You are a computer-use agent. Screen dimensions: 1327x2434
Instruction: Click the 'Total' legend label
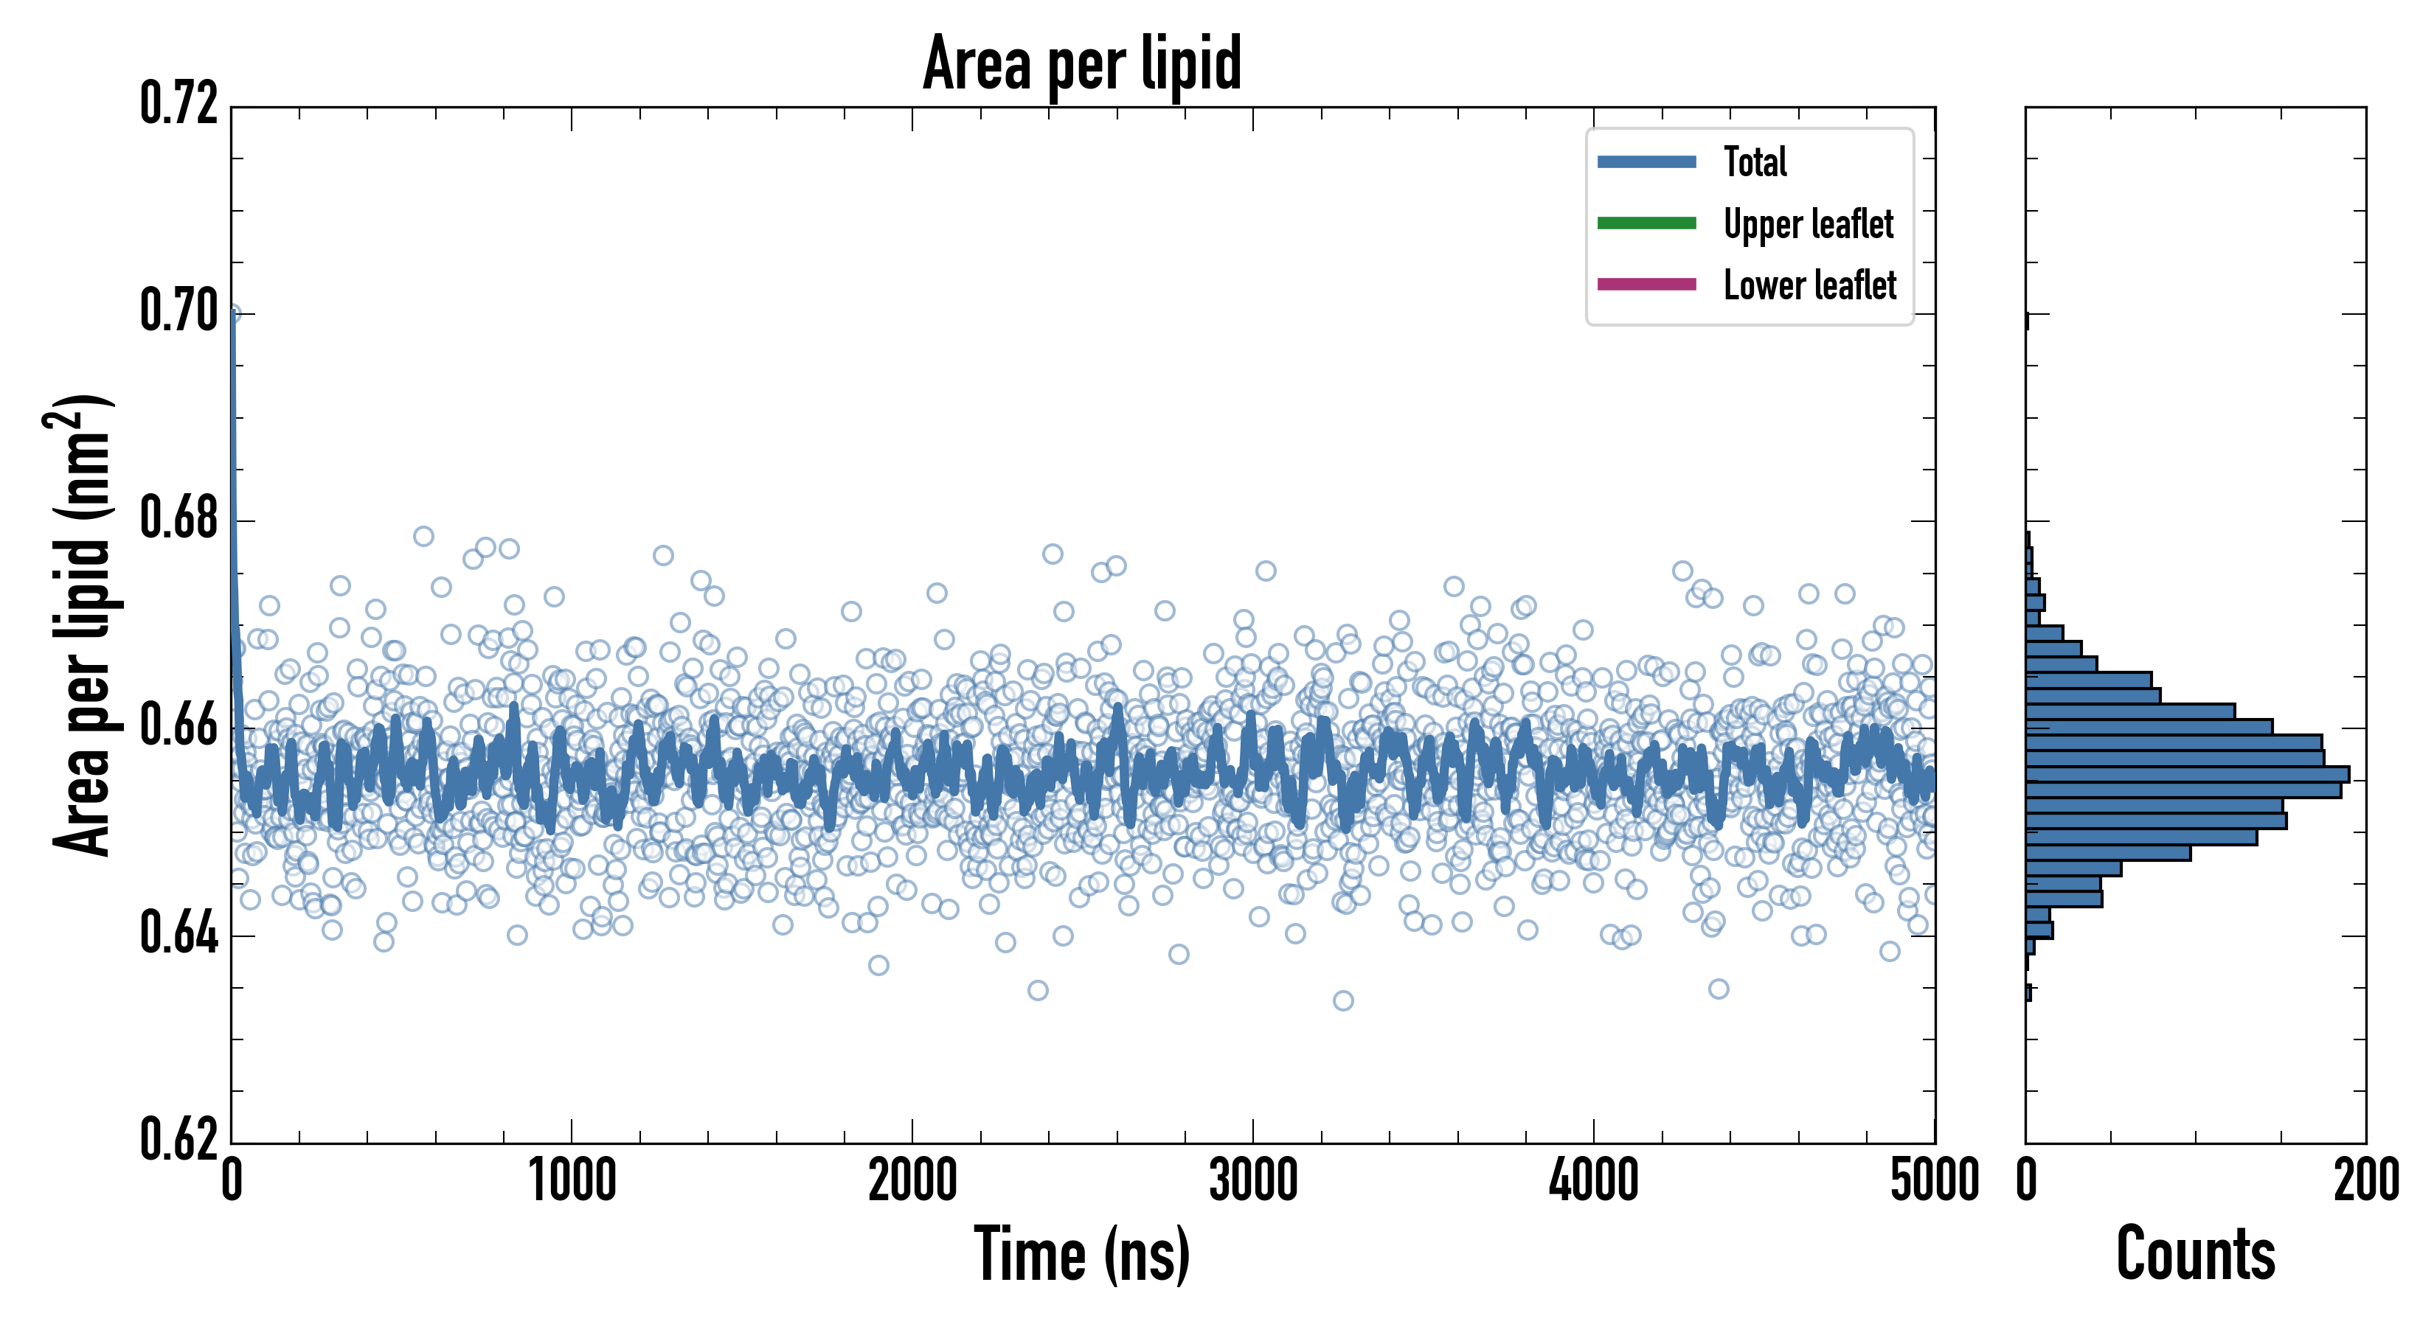(1755, 161)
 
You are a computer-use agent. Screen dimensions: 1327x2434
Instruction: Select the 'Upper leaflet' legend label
(1808, 224)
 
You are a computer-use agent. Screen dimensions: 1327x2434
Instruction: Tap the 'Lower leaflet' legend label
(1809, 285)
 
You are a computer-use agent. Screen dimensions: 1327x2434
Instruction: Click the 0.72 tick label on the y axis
(178, 104)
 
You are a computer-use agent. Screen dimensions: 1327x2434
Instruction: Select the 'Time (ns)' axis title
(1082, 1254)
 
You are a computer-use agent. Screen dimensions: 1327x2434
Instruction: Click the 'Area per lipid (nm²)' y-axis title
(80, 624)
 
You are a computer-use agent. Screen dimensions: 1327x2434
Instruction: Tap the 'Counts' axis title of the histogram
(2195, 1254)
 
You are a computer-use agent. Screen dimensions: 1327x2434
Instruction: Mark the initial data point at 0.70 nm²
(232, 313)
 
